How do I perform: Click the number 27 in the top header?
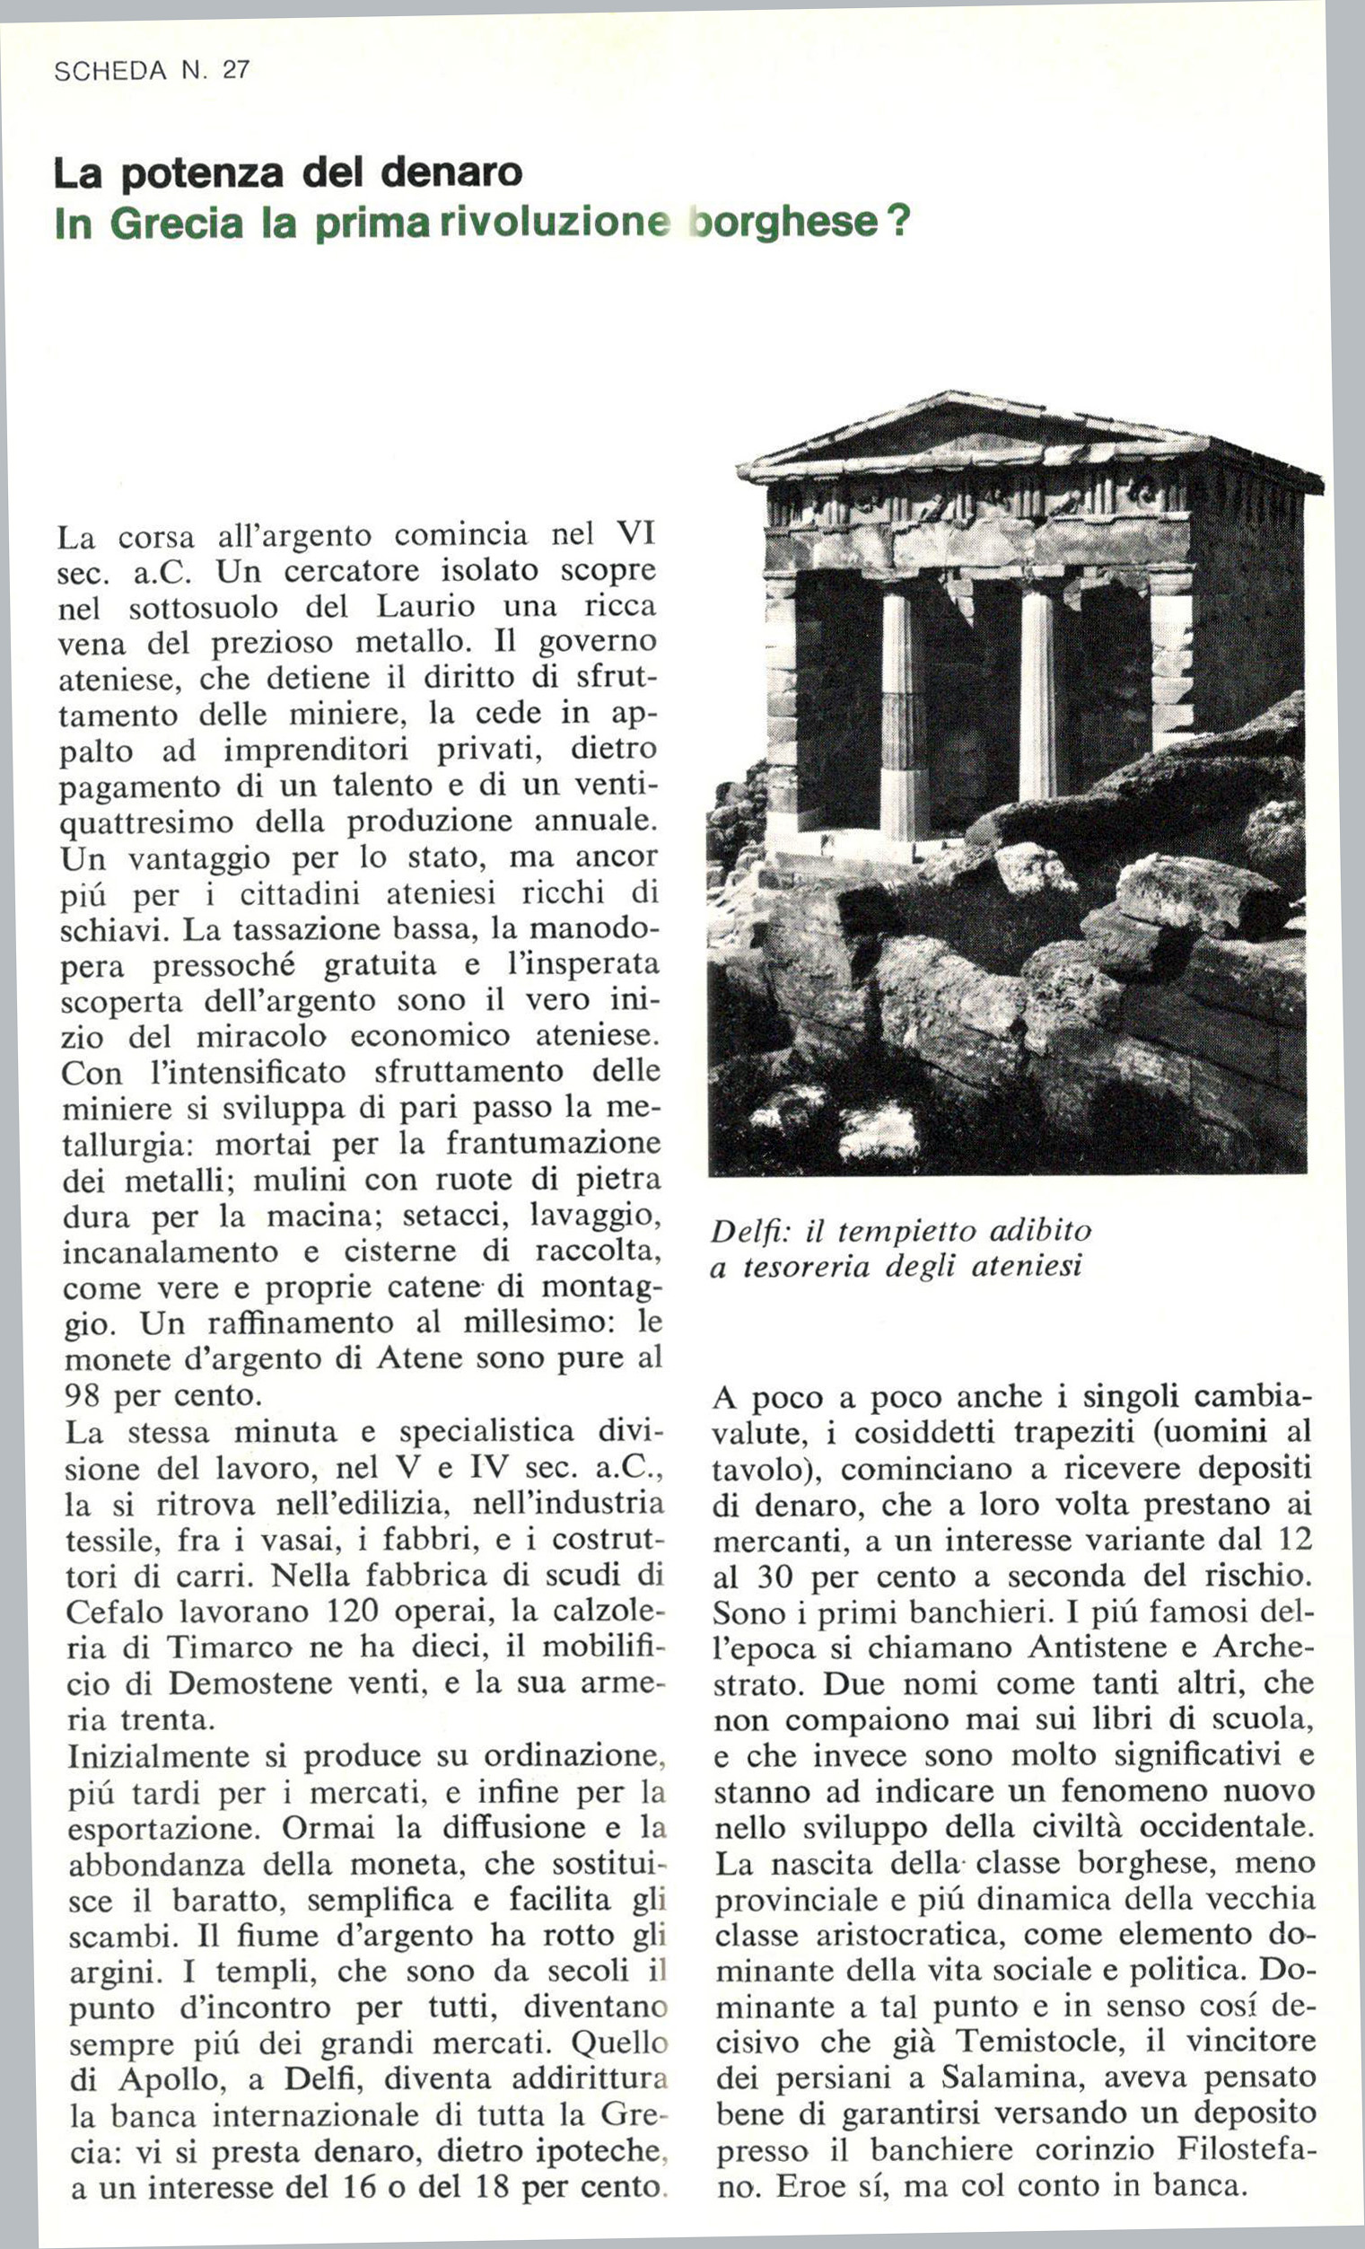(235, 70)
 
